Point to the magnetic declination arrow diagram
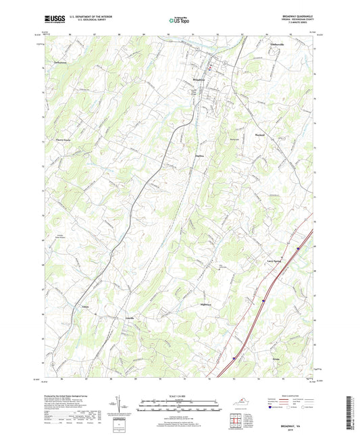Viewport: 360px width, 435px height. (x=123, y=404)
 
